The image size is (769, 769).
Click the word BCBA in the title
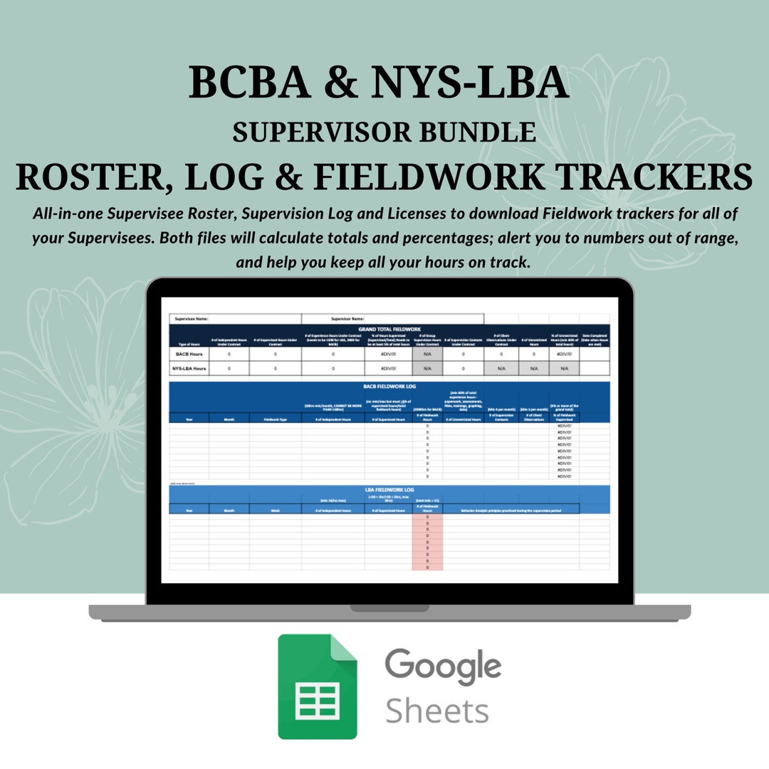tap(249, 83)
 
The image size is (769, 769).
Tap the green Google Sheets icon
tap(318, 686)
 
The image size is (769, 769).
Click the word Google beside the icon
tap(443, 665)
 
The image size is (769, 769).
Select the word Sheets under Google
tap(436, 710)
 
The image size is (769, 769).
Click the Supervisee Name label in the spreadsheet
tap(191, 319)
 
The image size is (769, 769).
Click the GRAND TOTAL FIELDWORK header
tap(389, 330)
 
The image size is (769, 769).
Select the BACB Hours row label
tap(189, 353)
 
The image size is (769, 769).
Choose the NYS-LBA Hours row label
tap(189, 368)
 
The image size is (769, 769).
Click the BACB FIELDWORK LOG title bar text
tap(389, 387)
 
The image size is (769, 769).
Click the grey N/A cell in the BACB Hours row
tap(427, 353)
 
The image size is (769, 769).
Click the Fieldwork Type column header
tap(275, 419)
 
